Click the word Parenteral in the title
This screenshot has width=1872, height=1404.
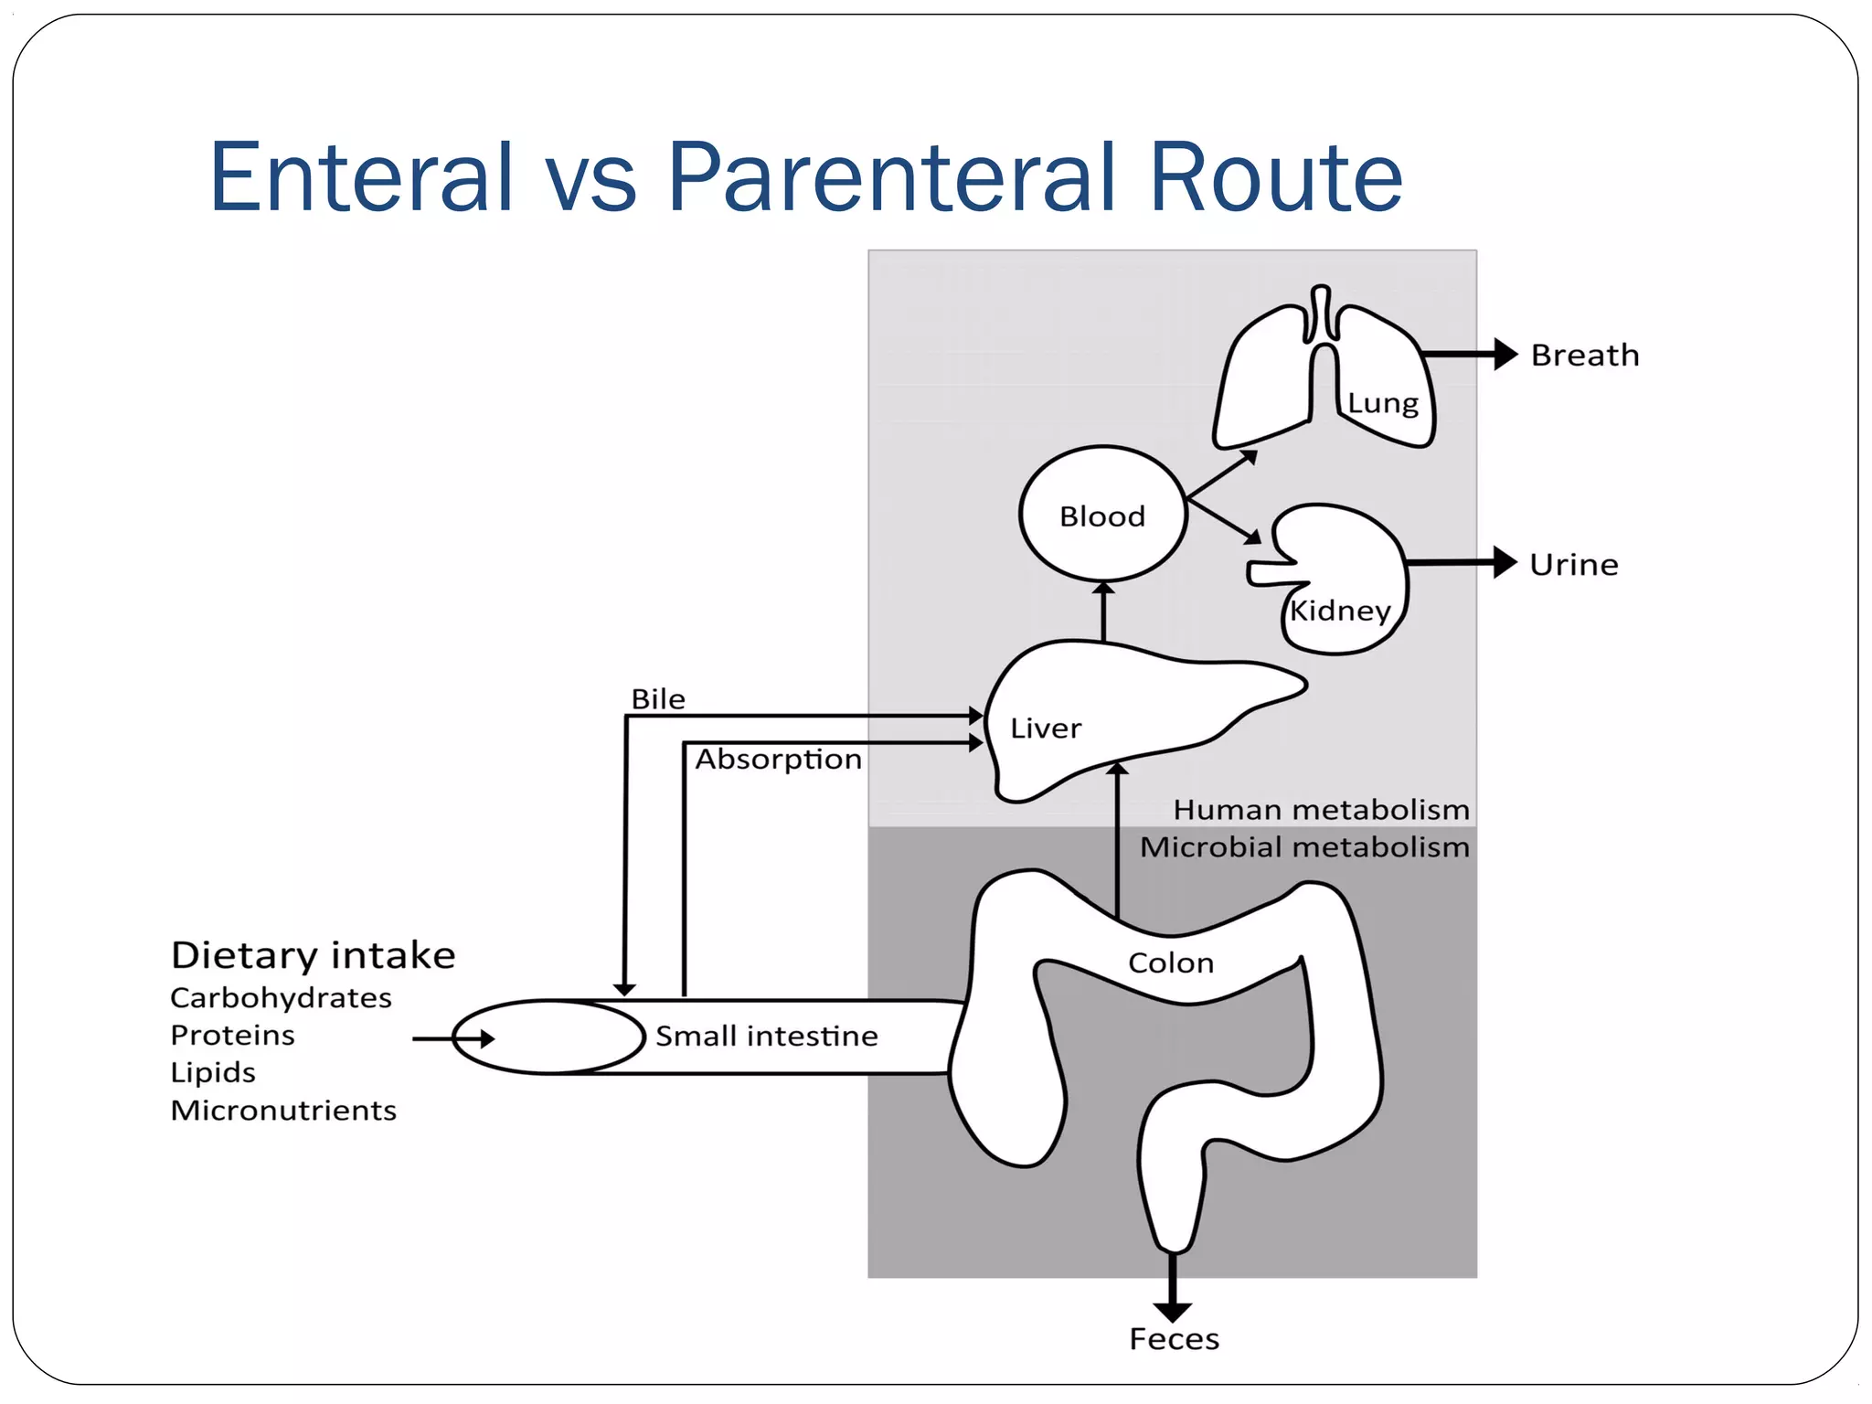pyautogui.click(x=892, y=177)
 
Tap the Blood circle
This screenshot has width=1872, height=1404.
pyautogui.click(x=1102, y=516)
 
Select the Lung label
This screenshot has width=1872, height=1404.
pyautogui.click(x=1383, y=403)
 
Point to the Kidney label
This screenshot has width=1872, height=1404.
pyautogui.click(x=1340, y=611)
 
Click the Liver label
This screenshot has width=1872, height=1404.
pyautogui.click(x=1046, y=729)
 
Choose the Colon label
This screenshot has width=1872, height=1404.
pyautogui.click(x=1171, y=963)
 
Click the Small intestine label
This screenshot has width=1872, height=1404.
pyautogui.click(x=766, y=1036)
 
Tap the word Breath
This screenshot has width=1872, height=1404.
pyautogui.click(x=1585, y=355)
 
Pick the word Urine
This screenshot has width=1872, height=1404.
pyautogui.click(x=1574, y=564)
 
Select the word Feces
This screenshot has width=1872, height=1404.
pyautogui.click(x=1175, y=1339)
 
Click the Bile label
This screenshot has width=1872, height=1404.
pyautogui.click(x=658, y=699)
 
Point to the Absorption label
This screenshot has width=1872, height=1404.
pyautogui.click(x=778, y=759)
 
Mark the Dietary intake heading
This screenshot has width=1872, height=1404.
pyautogui.click(x=313, y=955)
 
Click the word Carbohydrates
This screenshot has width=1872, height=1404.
pyautogui.click(x=281, y=997)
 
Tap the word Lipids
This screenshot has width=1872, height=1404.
pyautogui.click(x=213, y=1072)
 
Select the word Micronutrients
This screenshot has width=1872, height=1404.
pyautogui.click(x=283, y=1110)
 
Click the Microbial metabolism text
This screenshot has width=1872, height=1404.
pyautogui.click(x=1304, y=847)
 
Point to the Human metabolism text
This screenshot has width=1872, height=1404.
pyautogui.click(x=1321, y=810)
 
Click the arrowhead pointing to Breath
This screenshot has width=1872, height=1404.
pyautogui.click(x=1505, y=354)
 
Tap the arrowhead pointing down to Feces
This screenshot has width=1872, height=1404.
pyautogui.click(x=1173, y=1312)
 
